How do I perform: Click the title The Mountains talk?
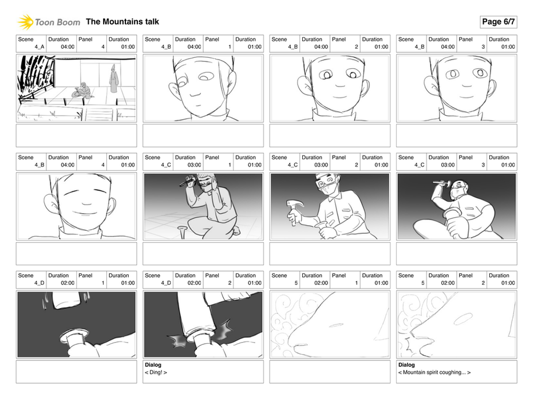[x=122, y=22]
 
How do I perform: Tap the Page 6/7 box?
[x=499, y=22]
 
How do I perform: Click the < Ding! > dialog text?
[x=156, y=372]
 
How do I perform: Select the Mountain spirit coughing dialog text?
[x=434, y=372]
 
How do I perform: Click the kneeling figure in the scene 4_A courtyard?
[x=83, y=91]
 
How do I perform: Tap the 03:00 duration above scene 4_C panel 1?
[x=194, y=165]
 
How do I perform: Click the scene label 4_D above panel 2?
[x=166, y=282]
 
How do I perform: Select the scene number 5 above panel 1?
[x=296, y=282]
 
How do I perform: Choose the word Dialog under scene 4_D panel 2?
[x=153, y=365]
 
